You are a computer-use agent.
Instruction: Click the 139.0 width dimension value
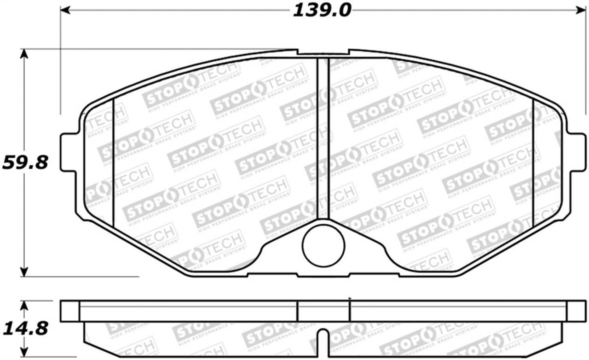pos(322,10)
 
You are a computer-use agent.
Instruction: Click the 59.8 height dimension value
pos(25,162)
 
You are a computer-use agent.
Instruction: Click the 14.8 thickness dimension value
pos(25,329)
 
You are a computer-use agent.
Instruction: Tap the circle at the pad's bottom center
pos(323,245)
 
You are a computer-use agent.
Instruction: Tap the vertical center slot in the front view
pos(323,138)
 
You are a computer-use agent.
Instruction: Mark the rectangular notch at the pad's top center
pos(323,52)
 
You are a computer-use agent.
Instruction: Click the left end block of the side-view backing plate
pos(70,311)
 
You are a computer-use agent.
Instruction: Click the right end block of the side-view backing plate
pos(576,311)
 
